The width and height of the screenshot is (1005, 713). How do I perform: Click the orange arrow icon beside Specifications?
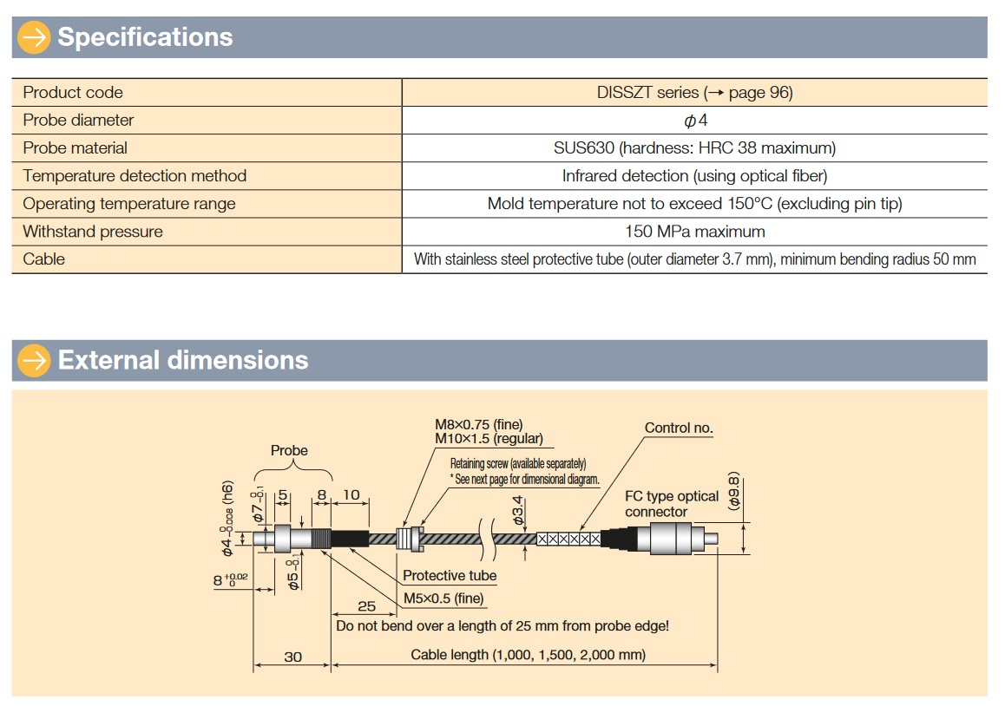click(35, 37)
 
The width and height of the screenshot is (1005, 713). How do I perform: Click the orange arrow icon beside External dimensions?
click(35, 360)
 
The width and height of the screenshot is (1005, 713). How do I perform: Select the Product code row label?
click(73, 93)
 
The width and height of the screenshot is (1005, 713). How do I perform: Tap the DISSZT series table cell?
click(694, 93)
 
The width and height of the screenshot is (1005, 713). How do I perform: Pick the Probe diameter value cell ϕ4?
click(695, 121)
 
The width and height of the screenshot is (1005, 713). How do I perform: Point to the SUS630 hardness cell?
click(694, 148)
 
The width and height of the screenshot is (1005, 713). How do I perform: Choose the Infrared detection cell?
click(694, 176)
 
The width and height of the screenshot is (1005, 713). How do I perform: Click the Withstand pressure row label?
click(93, 232)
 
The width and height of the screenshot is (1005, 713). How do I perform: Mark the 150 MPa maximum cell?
click(694, 232)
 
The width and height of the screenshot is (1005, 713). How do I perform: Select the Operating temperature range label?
click(129, 204)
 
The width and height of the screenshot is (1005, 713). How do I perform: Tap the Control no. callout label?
click(679, 428)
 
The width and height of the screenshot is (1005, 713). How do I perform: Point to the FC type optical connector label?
click(672, 504)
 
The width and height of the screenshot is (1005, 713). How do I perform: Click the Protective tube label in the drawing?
click(450, 576)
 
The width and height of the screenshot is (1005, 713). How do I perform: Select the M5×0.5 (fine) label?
click(443, 599)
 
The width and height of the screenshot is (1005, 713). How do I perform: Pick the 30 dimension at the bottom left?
click(293, 657)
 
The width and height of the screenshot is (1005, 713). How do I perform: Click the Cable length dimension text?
click(528, 655)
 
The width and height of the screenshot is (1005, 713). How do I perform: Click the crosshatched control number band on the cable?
click(568, 539)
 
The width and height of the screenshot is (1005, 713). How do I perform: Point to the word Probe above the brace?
click(289, 450)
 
